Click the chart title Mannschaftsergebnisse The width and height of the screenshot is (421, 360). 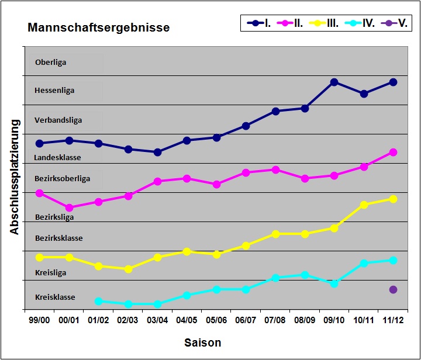click(x=99, y=27)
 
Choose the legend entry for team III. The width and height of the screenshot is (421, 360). click(x=324, y=23)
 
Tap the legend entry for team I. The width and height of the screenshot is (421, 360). click(x=259, y=23)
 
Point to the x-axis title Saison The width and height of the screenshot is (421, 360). click(x=203, y=342)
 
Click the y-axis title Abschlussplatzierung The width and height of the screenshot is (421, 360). click(x=15, y=176)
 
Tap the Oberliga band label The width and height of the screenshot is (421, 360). click(x=50, y=62)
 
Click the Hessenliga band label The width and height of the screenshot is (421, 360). click(x=54, y=91)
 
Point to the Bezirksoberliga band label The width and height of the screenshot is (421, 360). click(x=63, y=178)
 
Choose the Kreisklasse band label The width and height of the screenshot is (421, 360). click(x=55, y=297)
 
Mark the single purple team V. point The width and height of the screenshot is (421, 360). click(x=393, y=289)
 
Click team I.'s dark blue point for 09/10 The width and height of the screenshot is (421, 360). click(x=334, y=82)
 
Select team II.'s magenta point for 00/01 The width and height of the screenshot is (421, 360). click(x=69, y=207)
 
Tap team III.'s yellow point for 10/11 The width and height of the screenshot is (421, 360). click(x=364, y=205)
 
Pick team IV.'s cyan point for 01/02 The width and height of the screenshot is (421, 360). click(x=98, y=301)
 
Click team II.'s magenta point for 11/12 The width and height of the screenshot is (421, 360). click(x=393, y=152)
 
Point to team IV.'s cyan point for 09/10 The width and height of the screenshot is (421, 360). click(x=334, y=283)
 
